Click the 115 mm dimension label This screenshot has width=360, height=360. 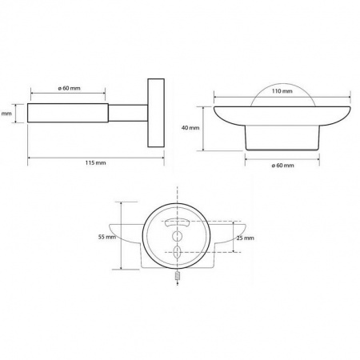click(x=96, y=162)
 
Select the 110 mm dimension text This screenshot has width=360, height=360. click(x=282, y=91)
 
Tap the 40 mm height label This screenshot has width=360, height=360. click(x=190, y=128)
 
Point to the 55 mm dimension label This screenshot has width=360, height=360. click(x=107, y=237)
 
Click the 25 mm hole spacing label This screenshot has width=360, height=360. click(x=246, y=238)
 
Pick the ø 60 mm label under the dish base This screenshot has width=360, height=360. click(x=282, y=166)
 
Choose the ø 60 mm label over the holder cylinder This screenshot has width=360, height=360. click(x=69, y=88)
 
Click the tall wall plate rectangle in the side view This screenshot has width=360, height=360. click(x=156, y=113)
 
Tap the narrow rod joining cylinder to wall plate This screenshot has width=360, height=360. click(x=128, y=113)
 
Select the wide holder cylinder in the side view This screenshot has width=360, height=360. click(x=68, y=113)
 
